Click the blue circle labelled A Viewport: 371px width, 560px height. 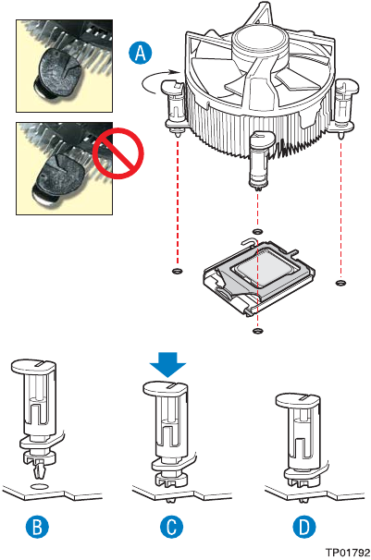tap(140, 53)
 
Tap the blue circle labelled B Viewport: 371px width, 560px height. tap(37, 527)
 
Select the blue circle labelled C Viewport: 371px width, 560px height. tap(171, 527)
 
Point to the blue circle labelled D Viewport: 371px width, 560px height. tap(304, 527)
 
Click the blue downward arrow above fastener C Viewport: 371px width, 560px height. tap(167, 364)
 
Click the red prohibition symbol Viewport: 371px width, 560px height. tap(118, 153)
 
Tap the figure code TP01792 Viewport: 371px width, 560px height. tap(348, 553)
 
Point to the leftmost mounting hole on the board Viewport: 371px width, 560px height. tap(177, 271)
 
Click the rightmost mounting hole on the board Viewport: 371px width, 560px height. tap(341, 283)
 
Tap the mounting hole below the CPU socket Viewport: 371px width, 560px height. tap(257, 331)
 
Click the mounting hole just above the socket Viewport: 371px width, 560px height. tap(257, 231)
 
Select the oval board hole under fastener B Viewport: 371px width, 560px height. tap(39, 486)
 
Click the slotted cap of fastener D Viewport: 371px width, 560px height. tap(299, 401)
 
